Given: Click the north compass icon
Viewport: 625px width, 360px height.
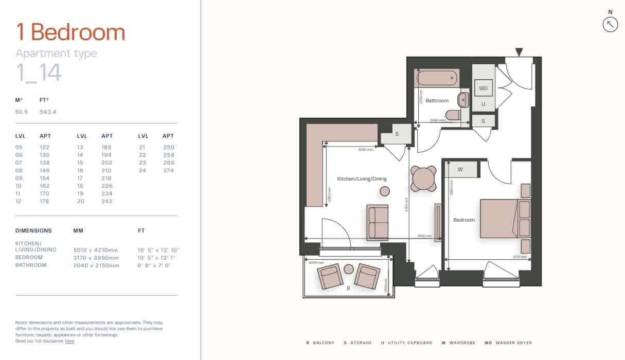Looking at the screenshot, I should click(x=610, y=24).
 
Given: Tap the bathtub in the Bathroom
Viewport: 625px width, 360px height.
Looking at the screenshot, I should click(x=437, y=78).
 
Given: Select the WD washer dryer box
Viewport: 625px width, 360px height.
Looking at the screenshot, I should click(x=483, y=88).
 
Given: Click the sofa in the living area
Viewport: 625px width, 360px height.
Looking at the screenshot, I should click(x=378, y=222).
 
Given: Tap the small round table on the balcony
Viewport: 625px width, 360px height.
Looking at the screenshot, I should click(x=349, y=269).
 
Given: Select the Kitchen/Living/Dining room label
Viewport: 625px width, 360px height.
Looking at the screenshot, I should click(x=362, y=179).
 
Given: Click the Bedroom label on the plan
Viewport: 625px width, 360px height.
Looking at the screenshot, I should click(x=463, y=220).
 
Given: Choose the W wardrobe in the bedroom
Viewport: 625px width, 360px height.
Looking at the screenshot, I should click(x=460, y=169).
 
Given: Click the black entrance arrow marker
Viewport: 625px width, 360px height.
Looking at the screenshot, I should click(x=519, y=52).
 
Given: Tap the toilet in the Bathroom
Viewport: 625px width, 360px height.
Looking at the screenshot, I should click(x=453, y=115).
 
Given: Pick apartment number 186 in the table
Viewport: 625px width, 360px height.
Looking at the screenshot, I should click(x=107, y=147).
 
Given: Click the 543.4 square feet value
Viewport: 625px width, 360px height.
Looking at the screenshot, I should click(x=48, y=112).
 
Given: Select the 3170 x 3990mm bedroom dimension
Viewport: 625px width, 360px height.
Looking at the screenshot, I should click(x=96, y=258).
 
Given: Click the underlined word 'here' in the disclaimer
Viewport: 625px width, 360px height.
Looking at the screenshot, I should click(x=69, y=341).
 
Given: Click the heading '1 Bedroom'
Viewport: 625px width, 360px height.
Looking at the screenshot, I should click(x=70, y=32).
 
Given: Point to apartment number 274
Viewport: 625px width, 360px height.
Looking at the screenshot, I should click(x=169, y=170).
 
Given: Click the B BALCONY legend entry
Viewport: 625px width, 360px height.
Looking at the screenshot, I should click(x=320, y=343).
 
